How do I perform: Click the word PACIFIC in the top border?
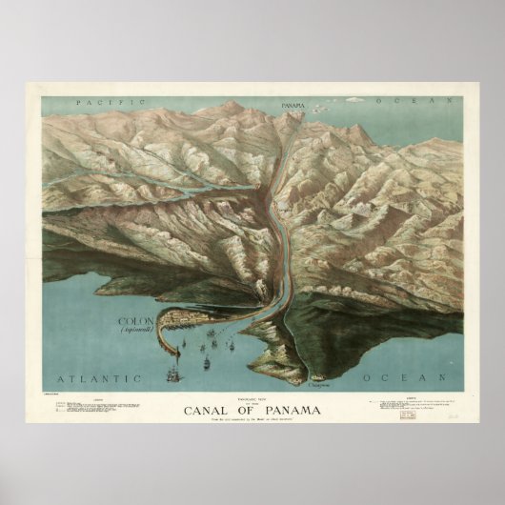(x=112, y=99)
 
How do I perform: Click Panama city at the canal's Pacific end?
(x=297, y=111)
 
